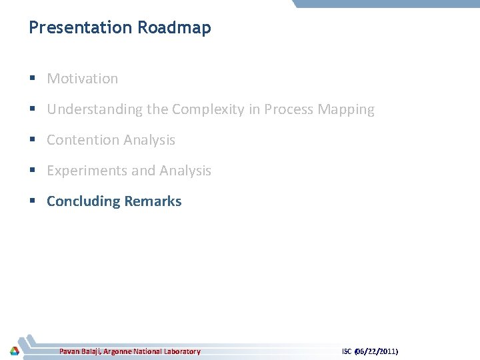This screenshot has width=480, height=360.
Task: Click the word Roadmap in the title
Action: click(x=174, y=28)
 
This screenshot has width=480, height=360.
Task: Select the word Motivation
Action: click(x=83, y=79)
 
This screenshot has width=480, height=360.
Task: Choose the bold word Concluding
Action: click(x=84, y=201)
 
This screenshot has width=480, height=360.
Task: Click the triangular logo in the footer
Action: click(x=14, y=351)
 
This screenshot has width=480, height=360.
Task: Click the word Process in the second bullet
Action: click(x=289, y=109)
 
